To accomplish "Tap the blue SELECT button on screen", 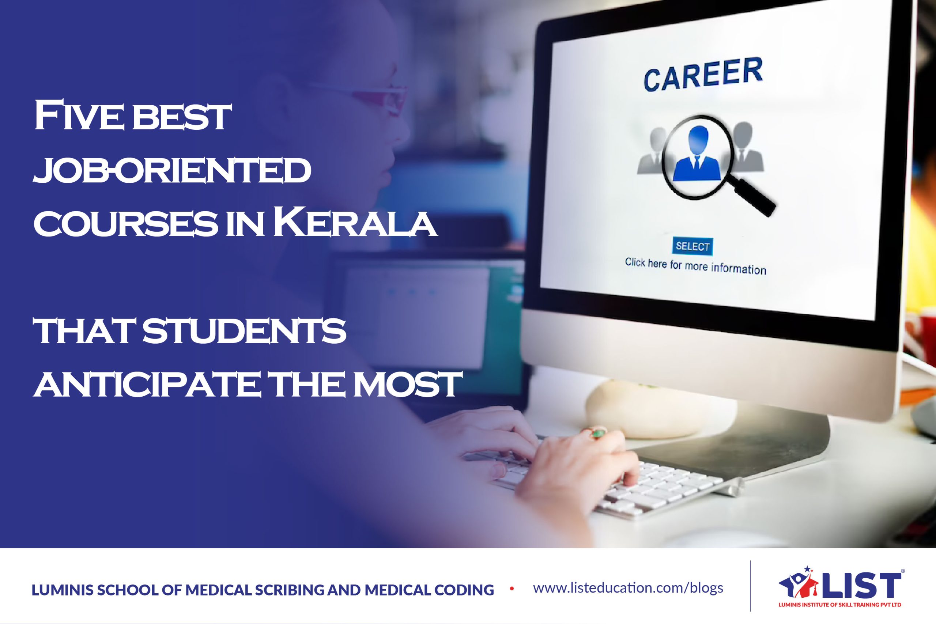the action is [692, 246].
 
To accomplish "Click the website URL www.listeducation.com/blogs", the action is [628, 588].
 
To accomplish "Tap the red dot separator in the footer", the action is [512, 589].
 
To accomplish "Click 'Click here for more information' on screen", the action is [695, 266].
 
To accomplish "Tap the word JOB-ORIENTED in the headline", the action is [172, 170].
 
